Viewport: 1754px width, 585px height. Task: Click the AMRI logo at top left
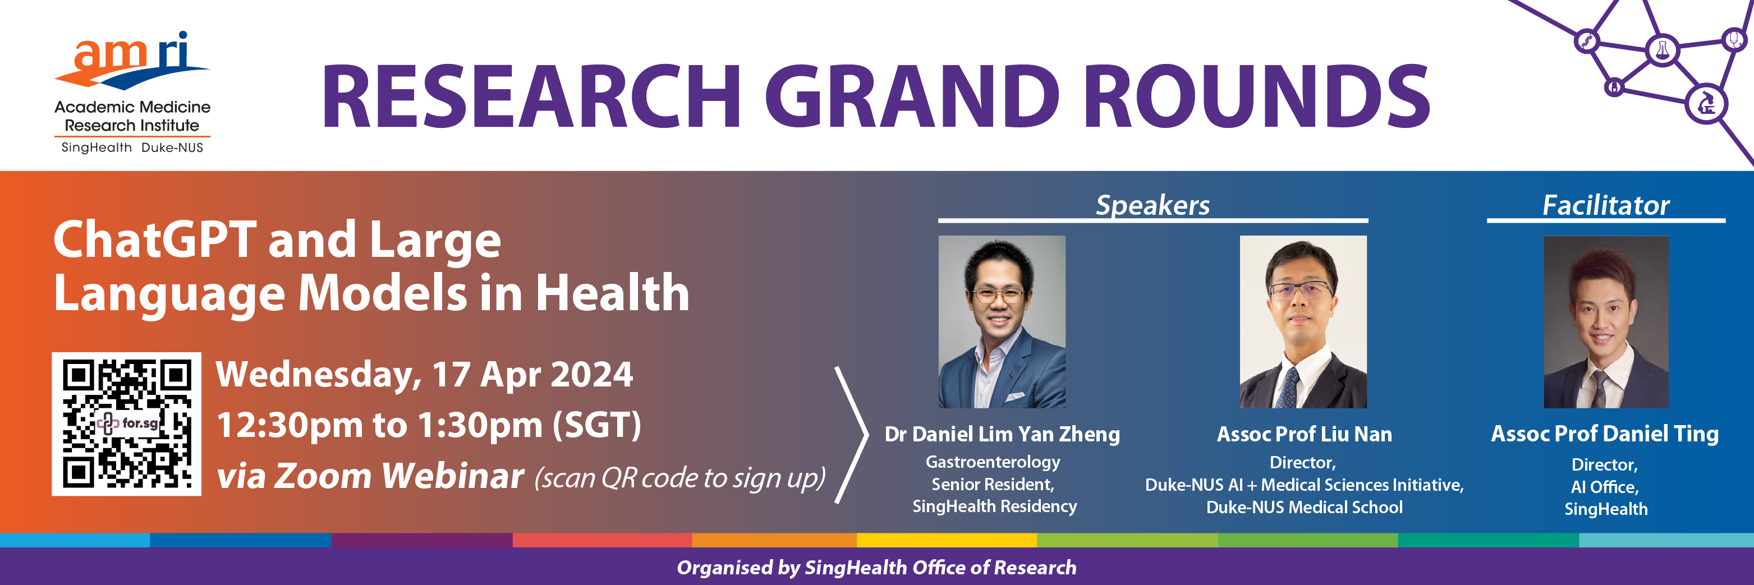click(x=132, y=92)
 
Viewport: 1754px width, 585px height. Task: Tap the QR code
click(x=127, y=423)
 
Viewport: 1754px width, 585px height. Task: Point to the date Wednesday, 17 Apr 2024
click(x=424, y=375)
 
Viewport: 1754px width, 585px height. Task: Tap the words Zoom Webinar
click(x=399, y=476)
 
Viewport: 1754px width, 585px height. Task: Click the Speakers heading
click(x=1153, y=205)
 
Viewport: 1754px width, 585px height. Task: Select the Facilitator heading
click(x=1605, y=205)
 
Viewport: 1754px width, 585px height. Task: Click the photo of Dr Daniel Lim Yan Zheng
click(x=1002, y=322)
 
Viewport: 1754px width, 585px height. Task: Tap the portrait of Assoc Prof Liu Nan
click(x=1303, y=322)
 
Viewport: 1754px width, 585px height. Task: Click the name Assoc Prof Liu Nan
click(x=1304, y=434)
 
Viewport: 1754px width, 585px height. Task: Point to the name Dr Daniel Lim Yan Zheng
click(x=1002, y=434)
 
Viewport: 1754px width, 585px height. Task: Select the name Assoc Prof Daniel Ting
click(x=1605, y=433)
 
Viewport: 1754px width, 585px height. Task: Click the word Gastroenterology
click(x=993, y=462)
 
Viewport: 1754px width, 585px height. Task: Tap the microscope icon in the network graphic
click(x=1706, y=104)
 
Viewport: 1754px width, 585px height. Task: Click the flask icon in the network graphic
click(x=1663, y=50)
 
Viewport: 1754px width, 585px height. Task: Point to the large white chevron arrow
click(x=852, y=435)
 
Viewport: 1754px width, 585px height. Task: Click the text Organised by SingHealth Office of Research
click(x=876, y=567)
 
